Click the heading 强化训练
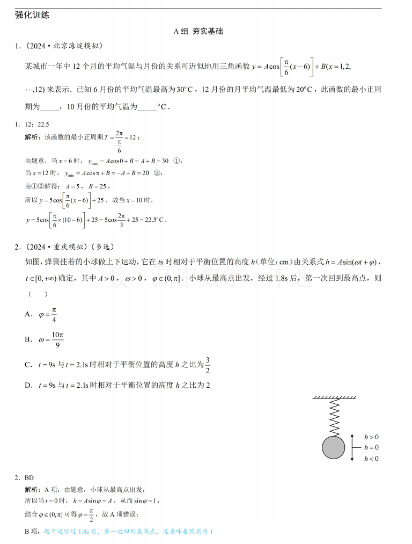[32, 16]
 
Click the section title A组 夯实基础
[206, 32]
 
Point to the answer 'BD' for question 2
[29, 477]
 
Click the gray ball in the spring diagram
[334, 448]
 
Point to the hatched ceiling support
[334, 398]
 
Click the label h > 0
[371, 437]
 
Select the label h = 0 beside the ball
[371, 447]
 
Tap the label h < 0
[371, 459]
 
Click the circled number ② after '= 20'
[157, 173]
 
